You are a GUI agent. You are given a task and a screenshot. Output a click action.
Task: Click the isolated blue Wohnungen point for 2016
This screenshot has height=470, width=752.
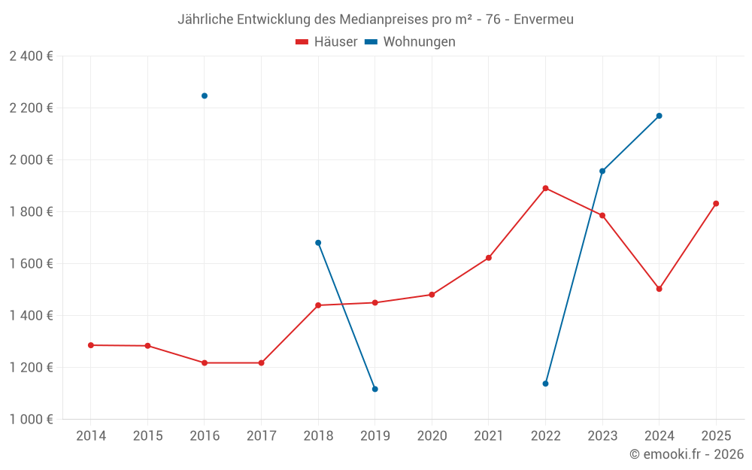click(x=205, y=96)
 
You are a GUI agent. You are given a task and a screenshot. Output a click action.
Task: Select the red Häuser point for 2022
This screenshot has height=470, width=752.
click(x=545, y=188)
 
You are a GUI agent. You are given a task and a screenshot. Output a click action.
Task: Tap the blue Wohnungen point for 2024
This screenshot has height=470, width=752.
click(x=659, y=116)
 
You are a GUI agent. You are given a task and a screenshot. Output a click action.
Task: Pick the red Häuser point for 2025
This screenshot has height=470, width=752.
click(x=716, y=204)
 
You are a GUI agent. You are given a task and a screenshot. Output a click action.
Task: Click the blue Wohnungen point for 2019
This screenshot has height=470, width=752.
click(x=374, y=389)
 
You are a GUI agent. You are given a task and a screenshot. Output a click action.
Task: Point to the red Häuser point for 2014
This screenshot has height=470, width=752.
click(x=91, y=345)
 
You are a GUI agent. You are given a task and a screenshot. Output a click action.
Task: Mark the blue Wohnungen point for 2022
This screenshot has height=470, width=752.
click(x=545, y=384)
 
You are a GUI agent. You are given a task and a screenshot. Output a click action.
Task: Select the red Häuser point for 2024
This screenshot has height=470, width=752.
click(x=659, y=289)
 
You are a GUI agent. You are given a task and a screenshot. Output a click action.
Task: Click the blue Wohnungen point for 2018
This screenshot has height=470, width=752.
click(x=318, y=243)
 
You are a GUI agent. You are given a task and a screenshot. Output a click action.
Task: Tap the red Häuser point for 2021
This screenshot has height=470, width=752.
click(x=489, y=258)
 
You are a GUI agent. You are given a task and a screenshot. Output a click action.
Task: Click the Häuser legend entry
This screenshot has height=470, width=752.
click(x=326, y=42)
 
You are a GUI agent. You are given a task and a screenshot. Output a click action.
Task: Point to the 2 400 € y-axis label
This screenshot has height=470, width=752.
click(x=31, y=56)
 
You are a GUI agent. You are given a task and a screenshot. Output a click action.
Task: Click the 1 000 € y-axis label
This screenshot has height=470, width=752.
click(x=31, y=420)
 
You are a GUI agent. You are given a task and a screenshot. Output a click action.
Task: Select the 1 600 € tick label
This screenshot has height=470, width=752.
click(x=31, y=264)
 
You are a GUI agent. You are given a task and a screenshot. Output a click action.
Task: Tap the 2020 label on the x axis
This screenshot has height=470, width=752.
click(x=432, y=436)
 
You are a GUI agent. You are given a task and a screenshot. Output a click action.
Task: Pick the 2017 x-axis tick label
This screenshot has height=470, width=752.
click(x=261, y=436)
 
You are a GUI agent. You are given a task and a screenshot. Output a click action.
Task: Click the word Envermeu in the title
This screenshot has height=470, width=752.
click(x=544, y=20)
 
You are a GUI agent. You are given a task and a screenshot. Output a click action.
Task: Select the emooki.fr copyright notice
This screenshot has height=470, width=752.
click(x=686, y=454)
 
